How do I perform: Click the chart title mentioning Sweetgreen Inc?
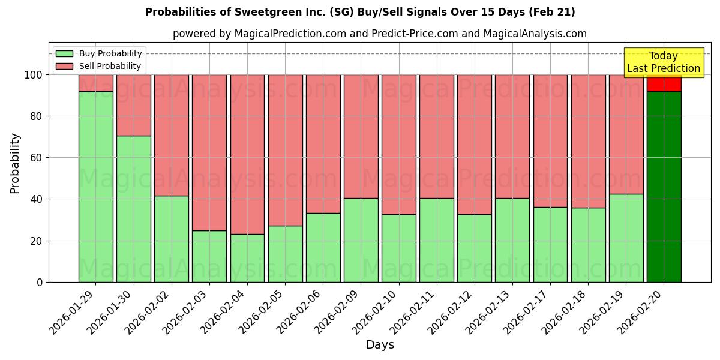click(360, 12)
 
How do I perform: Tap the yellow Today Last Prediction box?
click(663, 62)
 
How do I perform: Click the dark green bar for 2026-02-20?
click(664, 187)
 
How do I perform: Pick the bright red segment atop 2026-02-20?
click(664, 83)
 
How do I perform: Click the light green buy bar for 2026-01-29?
click(95, 187)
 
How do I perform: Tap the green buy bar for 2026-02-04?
click(247, 258)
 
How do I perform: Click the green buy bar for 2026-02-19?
click(626, 238)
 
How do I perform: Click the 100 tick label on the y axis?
click(32, 75)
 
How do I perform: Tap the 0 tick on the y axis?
click(40, 282)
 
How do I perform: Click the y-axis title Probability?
click(15, 163)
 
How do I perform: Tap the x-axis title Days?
click(380, 345)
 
